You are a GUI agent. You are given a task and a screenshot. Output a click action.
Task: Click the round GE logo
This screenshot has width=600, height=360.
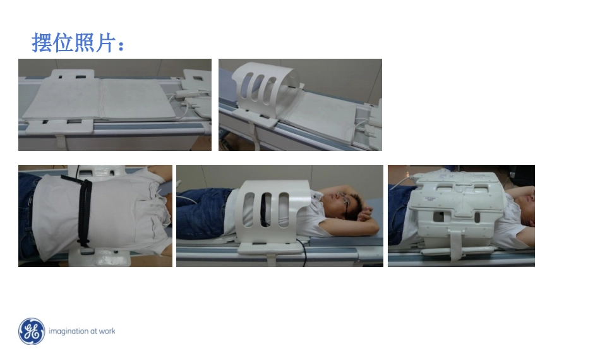point(32,332)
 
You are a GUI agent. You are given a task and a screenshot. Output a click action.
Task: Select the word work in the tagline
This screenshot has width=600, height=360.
point(107,332)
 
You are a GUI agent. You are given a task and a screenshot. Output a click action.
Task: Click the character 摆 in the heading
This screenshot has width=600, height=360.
point(41,42)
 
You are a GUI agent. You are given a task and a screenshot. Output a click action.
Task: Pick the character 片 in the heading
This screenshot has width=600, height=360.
point(105,42)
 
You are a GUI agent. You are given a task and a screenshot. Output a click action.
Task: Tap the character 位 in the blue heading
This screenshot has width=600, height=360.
point(63,42)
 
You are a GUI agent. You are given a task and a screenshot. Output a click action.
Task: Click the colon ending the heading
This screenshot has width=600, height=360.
point(121,45)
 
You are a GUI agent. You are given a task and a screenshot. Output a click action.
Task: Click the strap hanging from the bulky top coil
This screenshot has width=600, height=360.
point(455,245)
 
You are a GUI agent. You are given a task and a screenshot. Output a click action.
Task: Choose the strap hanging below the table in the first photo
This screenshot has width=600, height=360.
point(61,141)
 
